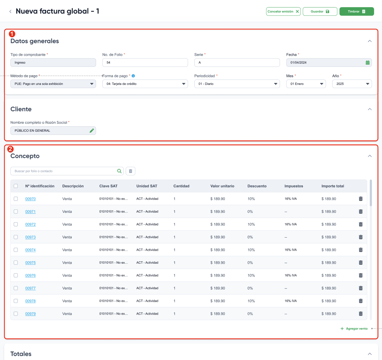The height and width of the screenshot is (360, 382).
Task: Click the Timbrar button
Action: click(x=357, y=11)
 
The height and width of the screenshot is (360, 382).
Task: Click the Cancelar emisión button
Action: click(x=283, y=11)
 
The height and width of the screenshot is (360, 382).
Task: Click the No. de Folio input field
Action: click(x=145, y=63)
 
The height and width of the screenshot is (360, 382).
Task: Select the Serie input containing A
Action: click(x=237, y=63)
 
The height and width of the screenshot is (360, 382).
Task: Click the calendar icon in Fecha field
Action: click(x=368, y=63)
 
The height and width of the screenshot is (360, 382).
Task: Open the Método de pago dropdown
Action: click(x=53, y=84)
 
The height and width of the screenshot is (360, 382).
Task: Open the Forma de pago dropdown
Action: click(x=145, y=84)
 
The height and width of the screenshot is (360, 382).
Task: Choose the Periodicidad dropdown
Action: click(x=237, y=84)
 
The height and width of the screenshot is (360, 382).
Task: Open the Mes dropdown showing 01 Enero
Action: click(x=306, y=84)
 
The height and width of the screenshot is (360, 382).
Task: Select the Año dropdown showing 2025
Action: click(x=352, y=84)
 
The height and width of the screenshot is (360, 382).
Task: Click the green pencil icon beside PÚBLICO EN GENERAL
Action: click(x=92, y=131)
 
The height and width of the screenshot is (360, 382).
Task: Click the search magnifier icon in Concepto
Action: click(x=120, y=171)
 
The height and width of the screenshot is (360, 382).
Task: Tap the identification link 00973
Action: click(x=31, y=237)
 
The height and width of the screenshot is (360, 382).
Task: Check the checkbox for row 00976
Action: click(x=16, y=275)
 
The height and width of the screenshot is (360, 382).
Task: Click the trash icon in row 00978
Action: click(x=361, y=301)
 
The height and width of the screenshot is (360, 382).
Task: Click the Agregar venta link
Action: click(x=354, y=328)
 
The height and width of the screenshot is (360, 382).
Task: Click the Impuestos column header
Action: click(x=294, y=186)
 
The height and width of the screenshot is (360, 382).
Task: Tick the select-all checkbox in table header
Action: click(x=16, y=186)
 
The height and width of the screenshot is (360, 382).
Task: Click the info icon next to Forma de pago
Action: click(x=133, y=76)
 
